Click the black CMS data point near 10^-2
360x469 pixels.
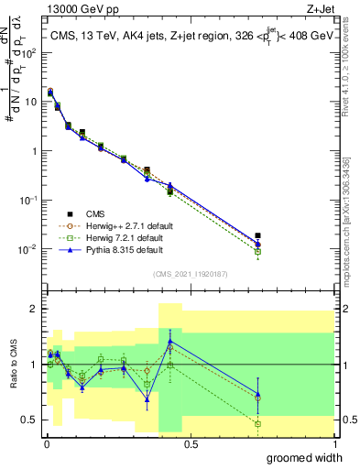coord(258,235)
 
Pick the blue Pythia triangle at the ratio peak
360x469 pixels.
coord(170,341)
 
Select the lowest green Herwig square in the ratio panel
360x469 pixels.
coord(258,424)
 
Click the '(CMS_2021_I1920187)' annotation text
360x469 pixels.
coord(191,273)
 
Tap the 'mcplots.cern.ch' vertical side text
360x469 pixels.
coord(352,215)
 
